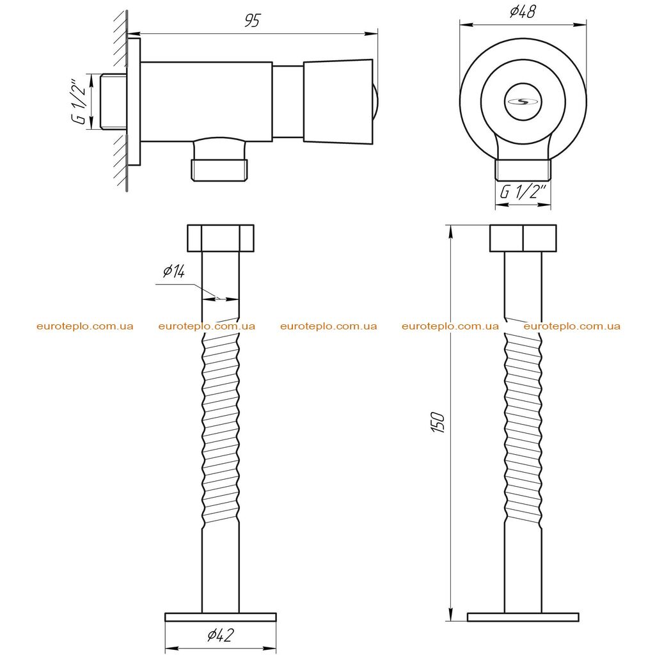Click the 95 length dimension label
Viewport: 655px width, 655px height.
pyautogui.click(x=252, y=20)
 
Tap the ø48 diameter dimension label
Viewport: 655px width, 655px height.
pyautogui.click(x=523, y=12)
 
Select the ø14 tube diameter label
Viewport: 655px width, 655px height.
pyautogui.click(x=174, y=271)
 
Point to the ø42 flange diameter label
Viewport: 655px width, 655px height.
pyautogui.click(x=220, y=635)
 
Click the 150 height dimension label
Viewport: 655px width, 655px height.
pyautogui.click(x=438, y=422)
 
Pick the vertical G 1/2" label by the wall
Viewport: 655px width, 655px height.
pyautogui.click(x=79, y=100)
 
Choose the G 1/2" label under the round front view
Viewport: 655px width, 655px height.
pyautogui.click(x=523, y=192)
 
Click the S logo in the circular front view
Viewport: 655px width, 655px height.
pyautogui.click(x=523, y=101)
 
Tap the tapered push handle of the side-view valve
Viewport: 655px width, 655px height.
pyautogui.click(x=338, y=102)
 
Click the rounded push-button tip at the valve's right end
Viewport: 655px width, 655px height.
pyautogui.click(x=375, y=102)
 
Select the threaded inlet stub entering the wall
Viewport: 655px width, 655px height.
pyautogui.click(x=114, y=102)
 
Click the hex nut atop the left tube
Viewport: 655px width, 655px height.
pyautogui.click(x=221, y=239)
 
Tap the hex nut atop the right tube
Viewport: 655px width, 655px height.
pyautogui.click(x=523, y=239)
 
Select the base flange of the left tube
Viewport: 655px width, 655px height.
pyautogui.click(x=221, y=617)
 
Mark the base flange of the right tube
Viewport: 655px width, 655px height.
pyautogui.click(x=523, y=617)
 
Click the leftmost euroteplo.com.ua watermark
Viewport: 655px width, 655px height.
pyautogui.click(x=85, y=326)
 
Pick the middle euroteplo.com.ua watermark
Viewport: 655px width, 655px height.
pyautogui.click(x=329, y=326)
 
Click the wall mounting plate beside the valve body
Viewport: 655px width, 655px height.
pyautogui.click(x=134, y=102)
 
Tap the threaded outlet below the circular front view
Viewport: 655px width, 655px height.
pyautogui.click(x=523, y=170)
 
